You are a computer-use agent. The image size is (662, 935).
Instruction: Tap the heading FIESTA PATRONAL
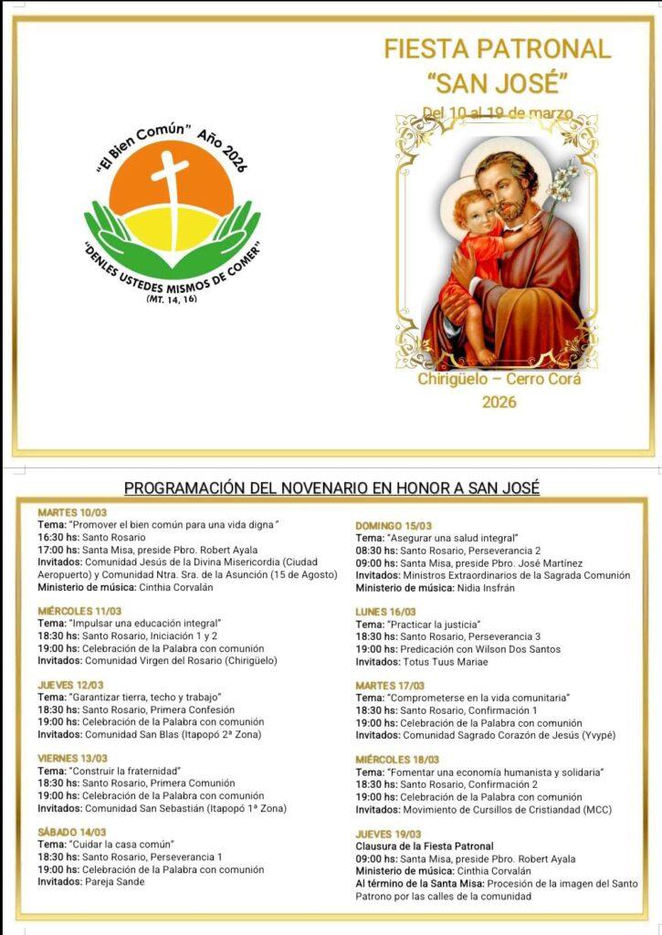tap(498, 49)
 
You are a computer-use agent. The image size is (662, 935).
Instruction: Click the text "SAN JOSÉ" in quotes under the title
tap(498, 83)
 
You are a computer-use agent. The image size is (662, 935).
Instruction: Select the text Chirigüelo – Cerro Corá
tap(499, 379)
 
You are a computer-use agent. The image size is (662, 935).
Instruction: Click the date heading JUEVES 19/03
tap(388, 834)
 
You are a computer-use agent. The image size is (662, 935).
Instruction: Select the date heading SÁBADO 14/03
tap(72, 832)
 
